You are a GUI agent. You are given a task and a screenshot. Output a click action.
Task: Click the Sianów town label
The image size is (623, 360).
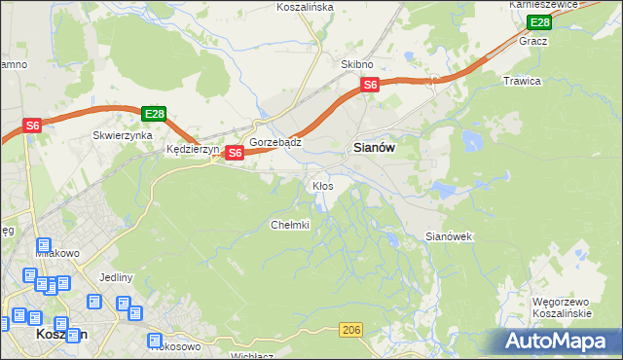tap(372, 148)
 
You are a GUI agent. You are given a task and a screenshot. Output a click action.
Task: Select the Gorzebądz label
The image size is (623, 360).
tap(275, 141)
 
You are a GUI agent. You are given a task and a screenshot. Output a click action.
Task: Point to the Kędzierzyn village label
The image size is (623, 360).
tap(193, 150)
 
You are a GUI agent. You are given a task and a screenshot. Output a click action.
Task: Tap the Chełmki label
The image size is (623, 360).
tap(289, 225)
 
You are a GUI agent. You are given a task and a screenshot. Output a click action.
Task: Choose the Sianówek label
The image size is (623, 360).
tap(449, 236)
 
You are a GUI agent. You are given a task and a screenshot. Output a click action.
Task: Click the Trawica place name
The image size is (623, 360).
tap(522, 81)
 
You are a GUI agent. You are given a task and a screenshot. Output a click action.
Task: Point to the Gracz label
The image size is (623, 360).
tap(533, 41)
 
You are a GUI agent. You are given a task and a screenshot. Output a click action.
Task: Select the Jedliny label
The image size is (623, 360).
tap(116, 277)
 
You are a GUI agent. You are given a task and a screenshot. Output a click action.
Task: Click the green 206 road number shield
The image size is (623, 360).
tap(352, 331)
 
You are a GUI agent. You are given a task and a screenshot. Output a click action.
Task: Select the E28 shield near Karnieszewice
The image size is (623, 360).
tap(539, 22)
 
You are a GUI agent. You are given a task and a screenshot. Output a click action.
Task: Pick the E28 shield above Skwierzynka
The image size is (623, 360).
tap(154, 114)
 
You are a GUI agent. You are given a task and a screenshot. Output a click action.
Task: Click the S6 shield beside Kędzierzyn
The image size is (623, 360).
tap(234, 153)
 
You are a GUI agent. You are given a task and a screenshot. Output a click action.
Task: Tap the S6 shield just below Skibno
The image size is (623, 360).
tap(369, 86)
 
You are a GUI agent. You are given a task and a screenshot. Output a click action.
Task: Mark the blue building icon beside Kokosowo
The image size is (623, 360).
tap(156, 341)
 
